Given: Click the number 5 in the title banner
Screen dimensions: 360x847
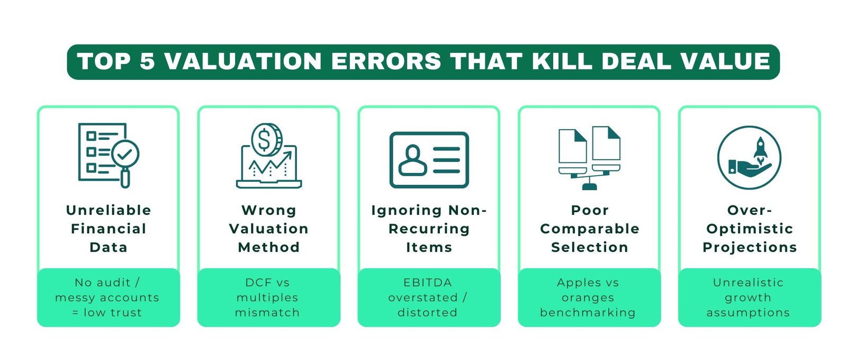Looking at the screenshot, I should point(147,61).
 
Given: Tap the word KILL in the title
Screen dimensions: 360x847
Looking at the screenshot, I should point(563,61).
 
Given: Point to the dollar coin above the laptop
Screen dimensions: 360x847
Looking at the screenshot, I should point(266,138).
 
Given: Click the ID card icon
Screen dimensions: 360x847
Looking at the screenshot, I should point(429,159).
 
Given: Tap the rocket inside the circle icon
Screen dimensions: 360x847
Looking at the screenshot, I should point(761,148).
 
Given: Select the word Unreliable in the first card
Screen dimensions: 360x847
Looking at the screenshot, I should point(109,210).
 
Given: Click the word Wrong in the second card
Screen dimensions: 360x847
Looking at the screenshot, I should point(269,210).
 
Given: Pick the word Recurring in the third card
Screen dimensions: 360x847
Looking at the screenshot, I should point(429,229).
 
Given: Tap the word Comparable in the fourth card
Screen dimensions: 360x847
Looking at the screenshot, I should point(590,229).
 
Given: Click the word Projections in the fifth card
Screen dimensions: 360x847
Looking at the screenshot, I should point(750,247).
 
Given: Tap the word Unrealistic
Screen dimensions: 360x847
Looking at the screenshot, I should point(748,283).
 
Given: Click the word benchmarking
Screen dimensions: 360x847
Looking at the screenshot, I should point(588,312).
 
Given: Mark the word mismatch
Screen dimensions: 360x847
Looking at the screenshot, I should point(267,312).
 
